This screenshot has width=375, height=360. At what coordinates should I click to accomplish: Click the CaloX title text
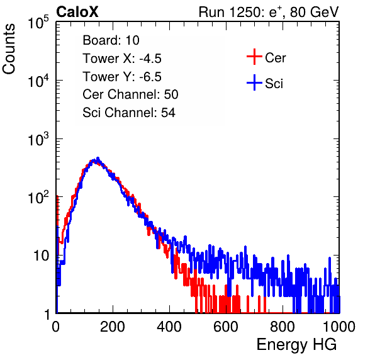pos(77,12)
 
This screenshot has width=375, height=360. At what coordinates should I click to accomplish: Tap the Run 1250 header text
pos(269,12)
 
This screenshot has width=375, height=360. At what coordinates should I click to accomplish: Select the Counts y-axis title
pos(9,49)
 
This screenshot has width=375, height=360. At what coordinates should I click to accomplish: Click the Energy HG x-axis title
pos(296,345)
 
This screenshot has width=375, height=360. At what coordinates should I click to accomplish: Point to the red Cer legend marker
pos(254,57)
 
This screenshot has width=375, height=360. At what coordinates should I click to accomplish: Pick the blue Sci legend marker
pos(254,82)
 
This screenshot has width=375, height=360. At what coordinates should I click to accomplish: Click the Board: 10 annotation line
pos(111,40)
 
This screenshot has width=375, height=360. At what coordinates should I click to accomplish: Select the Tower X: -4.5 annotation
pos(122,59)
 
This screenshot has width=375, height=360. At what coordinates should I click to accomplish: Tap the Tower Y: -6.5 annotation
pos(122,77)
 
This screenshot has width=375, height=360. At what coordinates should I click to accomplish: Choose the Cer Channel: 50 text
pos(130,94)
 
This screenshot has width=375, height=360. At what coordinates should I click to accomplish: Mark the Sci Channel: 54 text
pos(129,113)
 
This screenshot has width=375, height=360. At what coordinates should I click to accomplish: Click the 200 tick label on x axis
pos(113,327)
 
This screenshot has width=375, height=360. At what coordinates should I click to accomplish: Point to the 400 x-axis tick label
pos(169,327)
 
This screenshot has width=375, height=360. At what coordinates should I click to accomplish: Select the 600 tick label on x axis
pos(226,327)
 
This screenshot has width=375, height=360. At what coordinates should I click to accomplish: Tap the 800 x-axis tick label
pos(283,327)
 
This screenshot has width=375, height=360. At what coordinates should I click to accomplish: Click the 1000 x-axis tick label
pos(339,327)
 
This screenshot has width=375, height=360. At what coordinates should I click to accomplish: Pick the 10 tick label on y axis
pos(42,256)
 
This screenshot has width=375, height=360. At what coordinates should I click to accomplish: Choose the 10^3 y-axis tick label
pos(38,138)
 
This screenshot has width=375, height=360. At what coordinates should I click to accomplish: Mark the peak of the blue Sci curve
pos(98,158)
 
